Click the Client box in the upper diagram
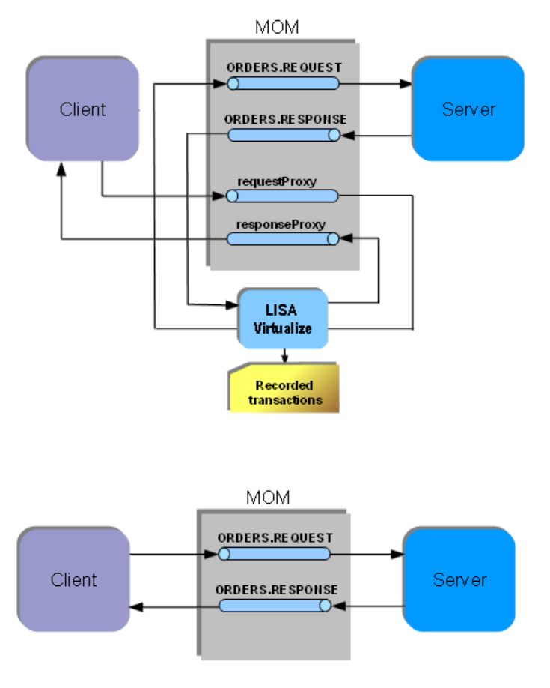point(82,109)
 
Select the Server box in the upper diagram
point(468,109)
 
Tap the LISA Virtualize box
point(283,319)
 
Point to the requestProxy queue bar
point(283,196)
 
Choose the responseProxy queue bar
point(283,238)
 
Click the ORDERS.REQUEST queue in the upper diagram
point(283,83)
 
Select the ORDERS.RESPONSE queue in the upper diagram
point(283,135)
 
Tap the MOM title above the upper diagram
point(277,28)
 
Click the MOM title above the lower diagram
point(268,498)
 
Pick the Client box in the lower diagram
point(73,579)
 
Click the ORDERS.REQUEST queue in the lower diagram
point(274,554)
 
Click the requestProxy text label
point(276,181)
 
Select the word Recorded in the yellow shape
point(284,385)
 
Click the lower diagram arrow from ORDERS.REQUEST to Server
point(367,555)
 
